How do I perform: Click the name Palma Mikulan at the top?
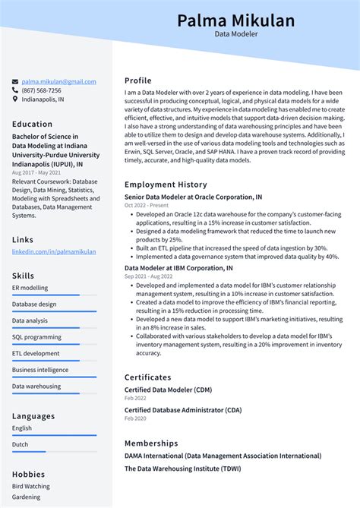click(235, 21)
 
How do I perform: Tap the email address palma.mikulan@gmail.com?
click(58, 82)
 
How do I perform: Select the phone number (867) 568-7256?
click(42, 90)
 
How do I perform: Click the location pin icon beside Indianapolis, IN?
click(15, 99)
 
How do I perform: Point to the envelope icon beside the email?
click(15, 82)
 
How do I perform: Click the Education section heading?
click(32, 125)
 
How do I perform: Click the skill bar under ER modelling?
click(54, 295)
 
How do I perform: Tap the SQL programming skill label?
click(36, 337)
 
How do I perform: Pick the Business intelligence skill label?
click(39, 370)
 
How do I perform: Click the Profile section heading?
click(138, 80)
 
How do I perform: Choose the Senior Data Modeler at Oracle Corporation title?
click(194, 197)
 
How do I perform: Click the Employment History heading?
click(166, 185)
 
